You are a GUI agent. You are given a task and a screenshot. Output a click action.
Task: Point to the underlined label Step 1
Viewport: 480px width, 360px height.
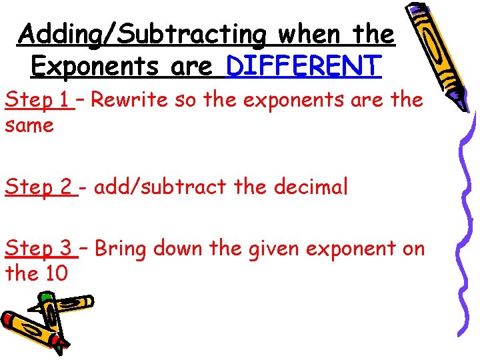[37, 100]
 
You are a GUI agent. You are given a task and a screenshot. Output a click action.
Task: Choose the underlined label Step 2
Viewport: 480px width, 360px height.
[40, 187]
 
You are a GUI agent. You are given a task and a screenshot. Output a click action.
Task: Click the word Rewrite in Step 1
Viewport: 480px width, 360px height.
[128, 100]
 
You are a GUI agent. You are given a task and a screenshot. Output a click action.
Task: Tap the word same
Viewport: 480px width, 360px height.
[29, 125]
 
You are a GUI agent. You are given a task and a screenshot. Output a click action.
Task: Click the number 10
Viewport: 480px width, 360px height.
[55, 273]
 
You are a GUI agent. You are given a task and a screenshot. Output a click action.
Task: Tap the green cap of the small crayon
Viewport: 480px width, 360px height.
[45, 297]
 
